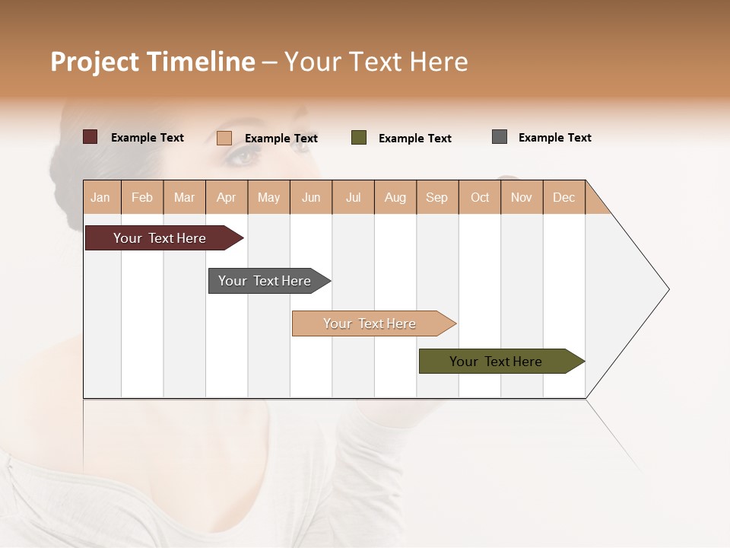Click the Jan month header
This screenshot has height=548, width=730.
click(101, 197)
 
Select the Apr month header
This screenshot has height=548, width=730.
click(227, 197)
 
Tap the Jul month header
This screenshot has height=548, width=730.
click(353, 197)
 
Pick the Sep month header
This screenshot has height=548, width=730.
click(436, 197)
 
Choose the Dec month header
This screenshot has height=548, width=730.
click(563, 197)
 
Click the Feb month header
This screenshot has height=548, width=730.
click(142, 197)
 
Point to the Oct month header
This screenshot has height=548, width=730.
click(480, 197)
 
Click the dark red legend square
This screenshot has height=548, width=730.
click(90, 137)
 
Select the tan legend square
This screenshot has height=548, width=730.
click(224, 138)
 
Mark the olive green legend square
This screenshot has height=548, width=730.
click(359, 138)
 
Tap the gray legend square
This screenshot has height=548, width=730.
click(500, 137)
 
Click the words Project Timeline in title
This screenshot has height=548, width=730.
click(153, 62)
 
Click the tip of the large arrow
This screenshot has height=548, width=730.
click(667, 289)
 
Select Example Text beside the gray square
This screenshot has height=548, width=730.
click(554, 138)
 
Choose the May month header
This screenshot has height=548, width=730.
click(268, 197)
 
